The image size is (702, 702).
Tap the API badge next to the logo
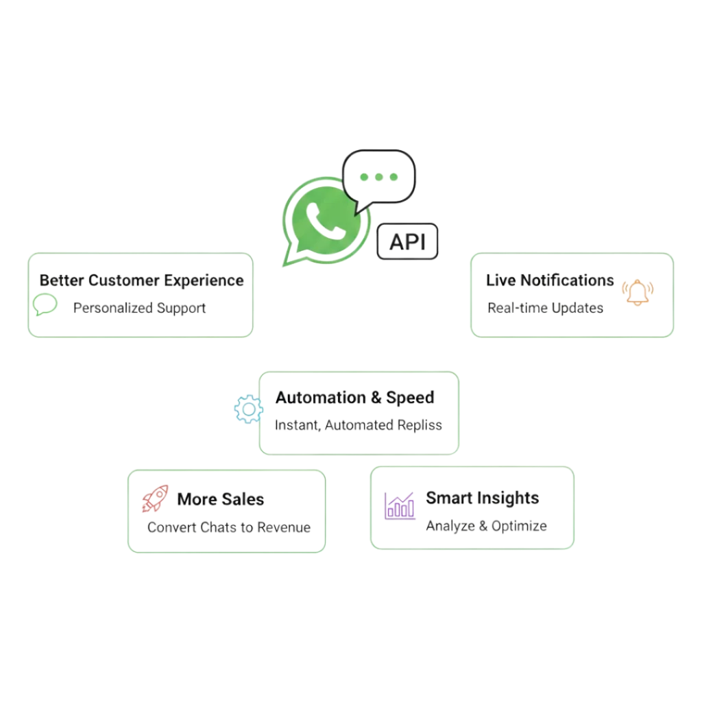click(x=409, y=242)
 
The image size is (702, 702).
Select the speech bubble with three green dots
click(x=379, y=177)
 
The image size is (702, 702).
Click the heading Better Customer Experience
click(x=141, y=280)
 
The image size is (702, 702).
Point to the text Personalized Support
click(x=140, y=308)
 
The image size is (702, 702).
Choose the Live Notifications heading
click(x=550, y=280)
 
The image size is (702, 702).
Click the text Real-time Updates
click(x=545, y=308)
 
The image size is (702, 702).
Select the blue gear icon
click(x=247, y=409)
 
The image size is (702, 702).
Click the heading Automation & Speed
click(x=354, y=398)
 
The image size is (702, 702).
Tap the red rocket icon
click(x=155, y=499)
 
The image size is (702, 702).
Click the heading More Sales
click(x=220, y=499)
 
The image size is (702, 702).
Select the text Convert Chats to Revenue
click(x=229, y=528)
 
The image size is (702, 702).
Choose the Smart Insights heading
click(x=483, y=498)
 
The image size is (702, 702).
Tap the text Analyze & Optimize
click(x=485, y=526)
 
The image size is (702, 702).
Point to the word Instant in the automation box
click(x=296, y=426)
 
